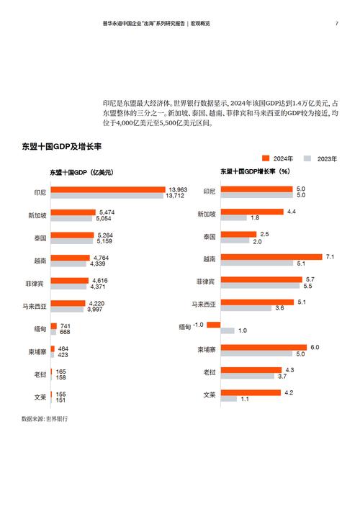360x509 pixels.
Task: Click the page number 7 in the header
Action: (336, 24)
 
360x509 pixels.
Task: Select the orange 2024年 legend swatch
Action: (265, 158)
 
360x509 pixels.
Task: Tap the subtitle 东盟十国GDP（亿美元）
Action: (81, 172)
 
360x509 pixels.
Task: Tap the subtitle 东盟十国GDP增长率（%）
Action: (254, 171)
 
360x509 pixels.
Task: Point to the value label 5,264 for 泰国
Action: (106, 234)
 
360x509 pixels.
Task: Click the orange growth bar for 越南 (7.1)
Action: (271, 257)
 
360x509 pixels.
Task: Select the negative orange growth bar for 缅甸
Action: (213, 325)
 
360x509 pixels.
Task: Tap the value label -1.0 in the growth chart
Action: (199, 324)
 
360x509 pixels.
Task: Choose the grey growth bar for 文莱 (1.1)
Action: (230, 398)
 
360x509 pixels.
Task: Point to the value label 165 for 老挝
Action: (61, 371)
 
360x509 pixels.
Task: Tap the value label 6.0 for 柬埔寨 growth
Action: (315, 347)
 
